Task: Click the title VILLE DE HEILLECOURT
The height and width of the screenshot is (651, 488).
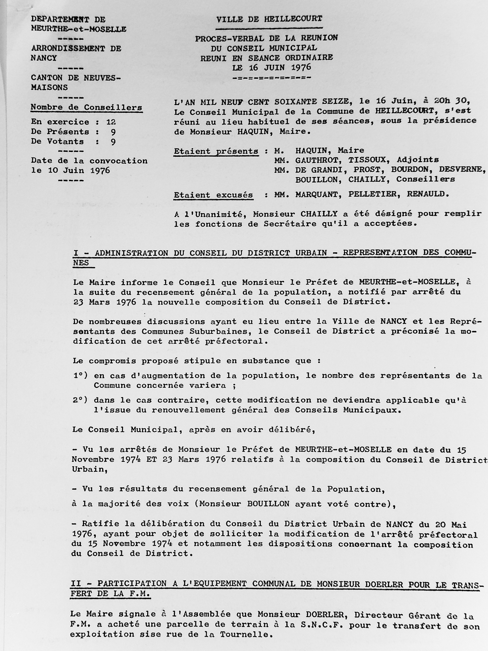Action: pos(269,20)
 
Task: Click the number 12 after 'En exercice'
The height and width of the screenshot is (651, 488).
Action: pos(111,122)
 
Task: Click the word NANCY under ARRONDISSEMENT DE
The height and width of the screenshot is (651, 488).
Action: pos(44,58)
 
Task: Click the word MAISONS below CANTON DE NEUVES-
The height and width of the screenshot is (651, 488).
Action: pos(49,87)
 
